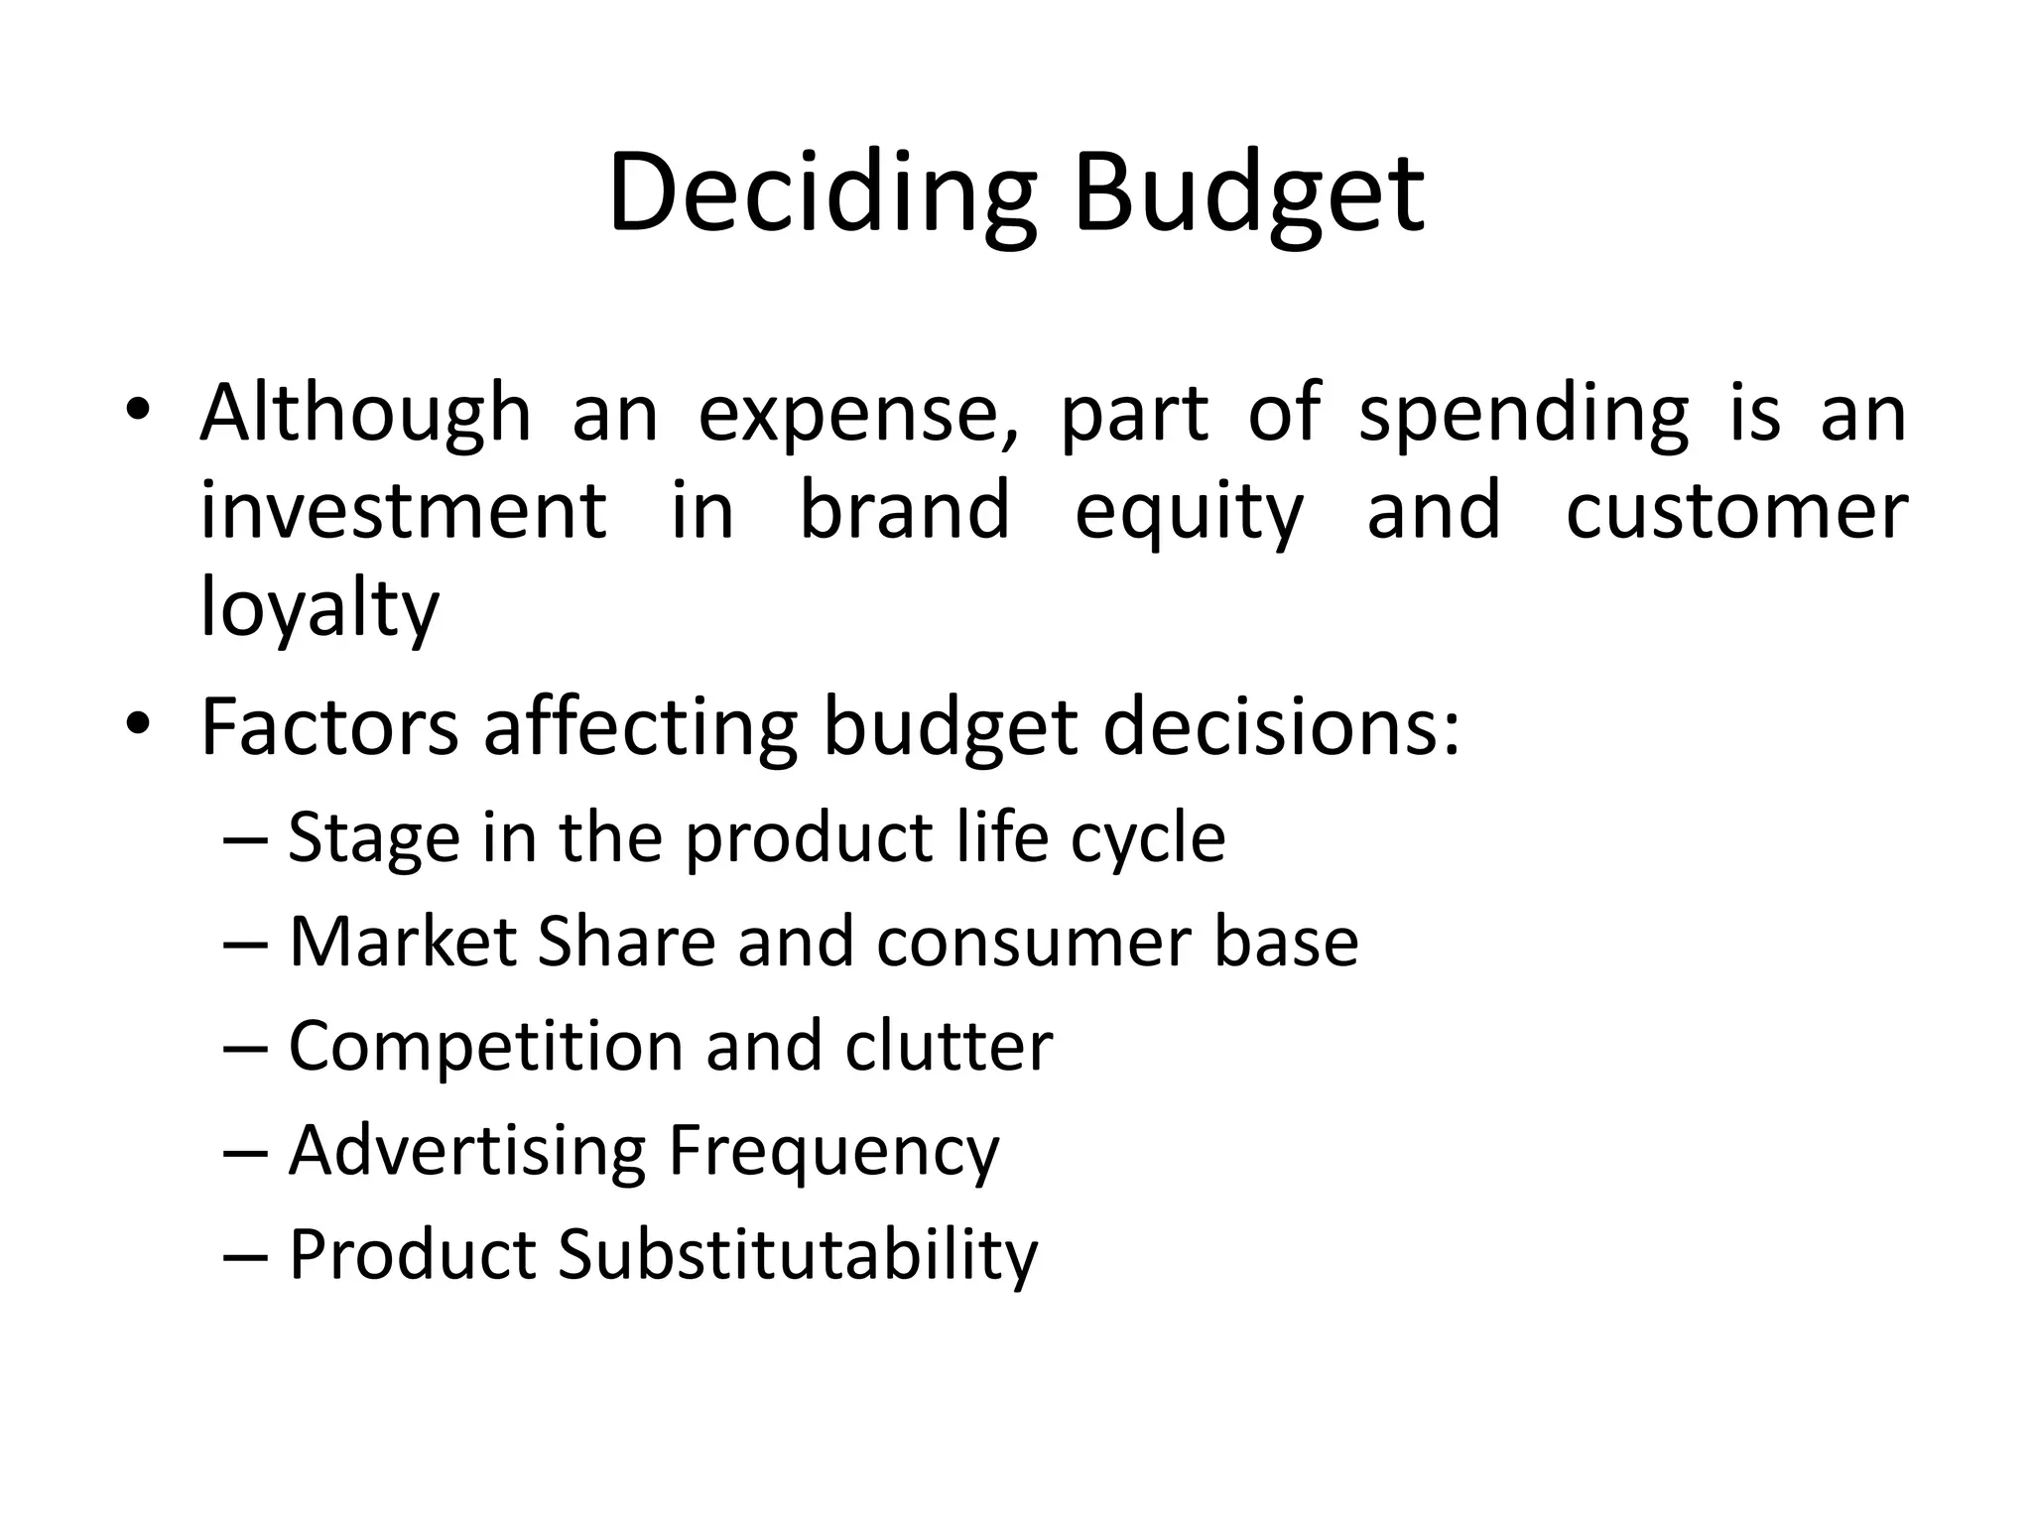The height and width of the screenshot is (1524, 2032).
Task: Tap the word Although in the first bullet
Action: click(x=365, y=414)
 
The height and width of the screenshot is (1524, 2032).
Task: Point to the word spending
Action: click(x=1523, y=414)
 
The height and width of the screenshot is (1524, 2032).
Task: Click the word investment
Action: click(x=403, y=510)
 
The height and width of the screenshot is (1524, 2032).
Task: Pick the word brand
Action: click(x=904, y=510)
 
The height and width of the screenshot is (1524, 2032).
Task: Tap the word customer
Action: click(x=1736, y=510)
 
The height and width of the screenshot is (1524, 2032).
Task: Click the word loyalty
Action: click(x=319, y=608)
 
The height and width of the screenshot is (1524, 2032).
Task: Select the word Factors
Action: click(x=329, y=727)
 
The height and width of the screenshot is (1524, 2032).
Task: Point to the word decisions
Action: click(x=1280, y=727)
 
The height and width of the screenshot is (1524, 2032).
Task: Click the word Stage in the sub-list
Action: click(x=374, y=838)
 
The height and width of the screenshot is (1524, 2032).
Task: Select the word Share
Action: click(x=626, y=942)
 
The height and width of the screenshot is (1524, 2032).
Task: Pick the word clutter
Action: click(x=949, y=1047)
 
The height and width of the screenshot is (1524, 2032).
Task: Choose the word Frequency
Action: click(x=833, y=1152)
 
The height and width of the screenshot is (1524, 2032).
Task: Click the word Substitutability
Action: click(x=798, y=1255)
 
